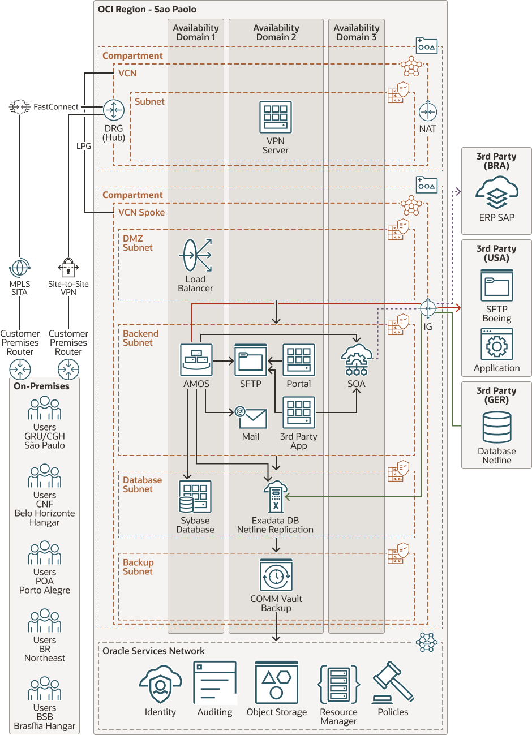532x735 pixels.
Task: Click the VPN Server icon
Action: [x=276, y=117]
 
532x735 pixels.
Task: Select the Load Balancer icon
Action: [x=196, y=256]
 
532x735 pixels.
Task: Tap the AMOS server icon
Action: [x=196, y=360]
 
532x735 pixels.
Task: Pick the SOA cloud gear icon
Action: [x=357, y=360]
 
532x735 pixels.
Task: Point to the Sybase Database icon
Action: [x=195, y=497]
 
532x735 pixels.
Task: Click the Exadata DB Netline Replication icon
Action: [x=276, y=497]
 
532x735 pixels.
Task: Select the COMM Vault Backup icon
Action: [x=276, y=575]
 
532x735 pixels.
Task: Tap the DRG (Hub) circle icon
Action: [x=114, y=110]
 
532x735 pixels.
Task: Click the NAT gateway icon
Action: [x=428, y=111]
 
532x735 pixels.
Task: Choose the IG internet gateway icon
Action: [x=428, y=308]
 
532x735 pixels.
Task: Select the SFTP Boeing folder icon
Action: [x=497, y=286]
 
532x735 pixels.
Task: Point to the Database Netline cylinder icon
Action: [x=497, y=427]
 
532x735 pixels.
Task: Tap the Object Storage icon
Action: [x=276, y=682]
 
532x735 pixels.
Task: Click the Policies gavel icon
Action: [x=393, y=682]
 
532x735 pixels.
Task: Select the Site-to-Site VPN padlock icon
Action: [x=68, y=267]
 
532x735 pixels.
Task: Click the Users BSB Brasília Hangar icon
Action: [x=45, y=689]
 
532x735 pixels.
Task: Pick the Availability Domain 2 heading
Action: [x=276, y=32]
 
